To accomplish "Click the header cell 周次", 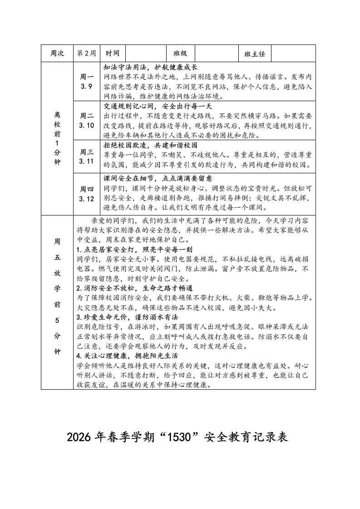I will point(57,54).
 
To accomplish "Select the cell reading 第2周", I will point(86,54).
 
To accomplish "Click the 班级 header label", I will point(180,54).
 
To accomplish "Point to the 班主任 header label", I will point(255,54).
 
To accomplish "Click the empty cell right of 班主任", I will point(293,54).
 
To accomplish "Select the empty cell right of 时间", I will point(146,54).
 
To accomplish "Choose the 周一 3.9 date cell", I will point(86,81).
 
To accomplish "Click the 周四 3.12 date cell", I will point(86,193).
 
